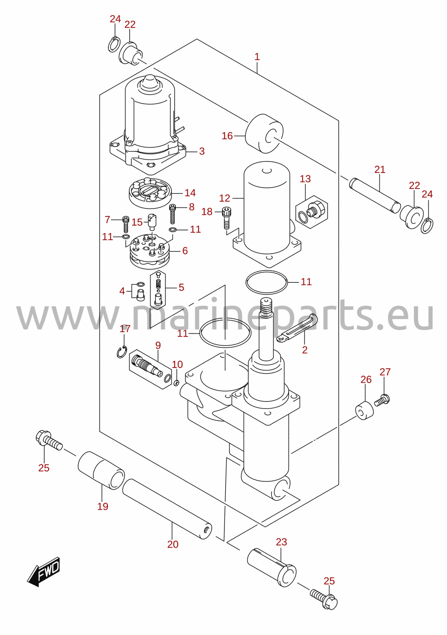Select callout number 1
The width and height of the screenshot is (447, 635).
pyautogui.click(x=257, y=57)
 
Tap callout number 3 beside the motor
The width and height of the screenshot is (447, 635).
pyautogui.click(x=202, y=151)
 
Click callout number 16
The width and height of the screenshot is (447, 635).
pyautogui.click(x=227, y=136)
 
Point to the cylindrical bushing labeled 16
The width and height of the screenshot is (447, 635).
pyautogui.click(x=264, y=134)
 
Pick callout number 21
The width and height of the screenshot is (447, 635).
pyautogui.click(x=380, y=169)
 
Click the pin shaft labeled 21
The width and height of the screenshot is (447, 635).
pyautogui.click(x=375, y=196)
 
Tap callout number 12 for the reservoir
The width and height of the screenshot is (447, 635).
pyautogui.click(x=225, y=198)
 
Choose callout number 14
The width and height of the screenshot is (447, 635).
pyautogui.click(x=190, y=193)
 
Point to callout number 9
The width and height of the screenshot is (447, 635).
pyautogui.click(x=158, y=345)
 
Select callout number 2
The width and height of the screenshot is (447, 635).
pyautogui.click(x=305, y=350)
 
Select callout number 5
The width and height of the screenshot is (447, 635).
pyautogui.click(x=181, y=287)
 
